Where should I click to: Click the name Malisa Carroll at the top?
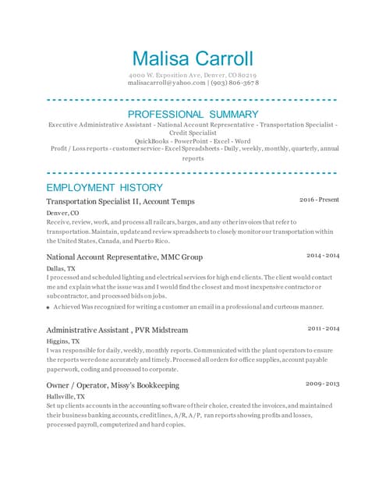(x=193, y=58)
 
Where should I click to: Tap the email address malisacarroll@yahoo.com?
(x=166, y=82)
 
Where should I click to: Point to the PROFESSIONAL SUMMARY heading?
(x=193, y=115)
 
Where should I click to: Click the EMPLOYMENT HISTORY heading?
(x=104, y=187)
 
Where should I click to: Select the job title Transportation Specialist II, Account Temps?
(x=120, y=201)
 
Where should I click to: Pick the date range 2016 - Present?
(x=319, y=200)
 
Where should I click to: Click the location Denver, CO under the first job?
(x=62, y=212)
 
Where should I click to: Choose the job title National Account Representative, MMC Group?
(x=124, y=257)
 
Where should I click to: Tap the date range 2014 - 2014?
(x=322, y=256)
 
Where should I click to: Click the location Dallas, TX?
(x=61, y=267)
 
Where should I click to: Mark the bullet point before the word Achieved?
(x=48, y=307)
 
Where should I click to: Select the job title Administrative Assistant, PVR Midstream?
(x=117, y=330)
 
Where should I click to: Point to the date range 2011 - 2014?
(x=322, y=329)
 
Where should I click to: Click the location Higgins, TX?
(x=62, y=341)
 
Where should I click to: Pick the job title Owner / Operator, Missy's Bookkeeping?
(x=112, y=385)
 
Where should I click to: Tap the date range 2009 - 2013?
(x=322, y=384)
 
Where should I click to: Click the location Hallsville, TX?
(x=66, y=396)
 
